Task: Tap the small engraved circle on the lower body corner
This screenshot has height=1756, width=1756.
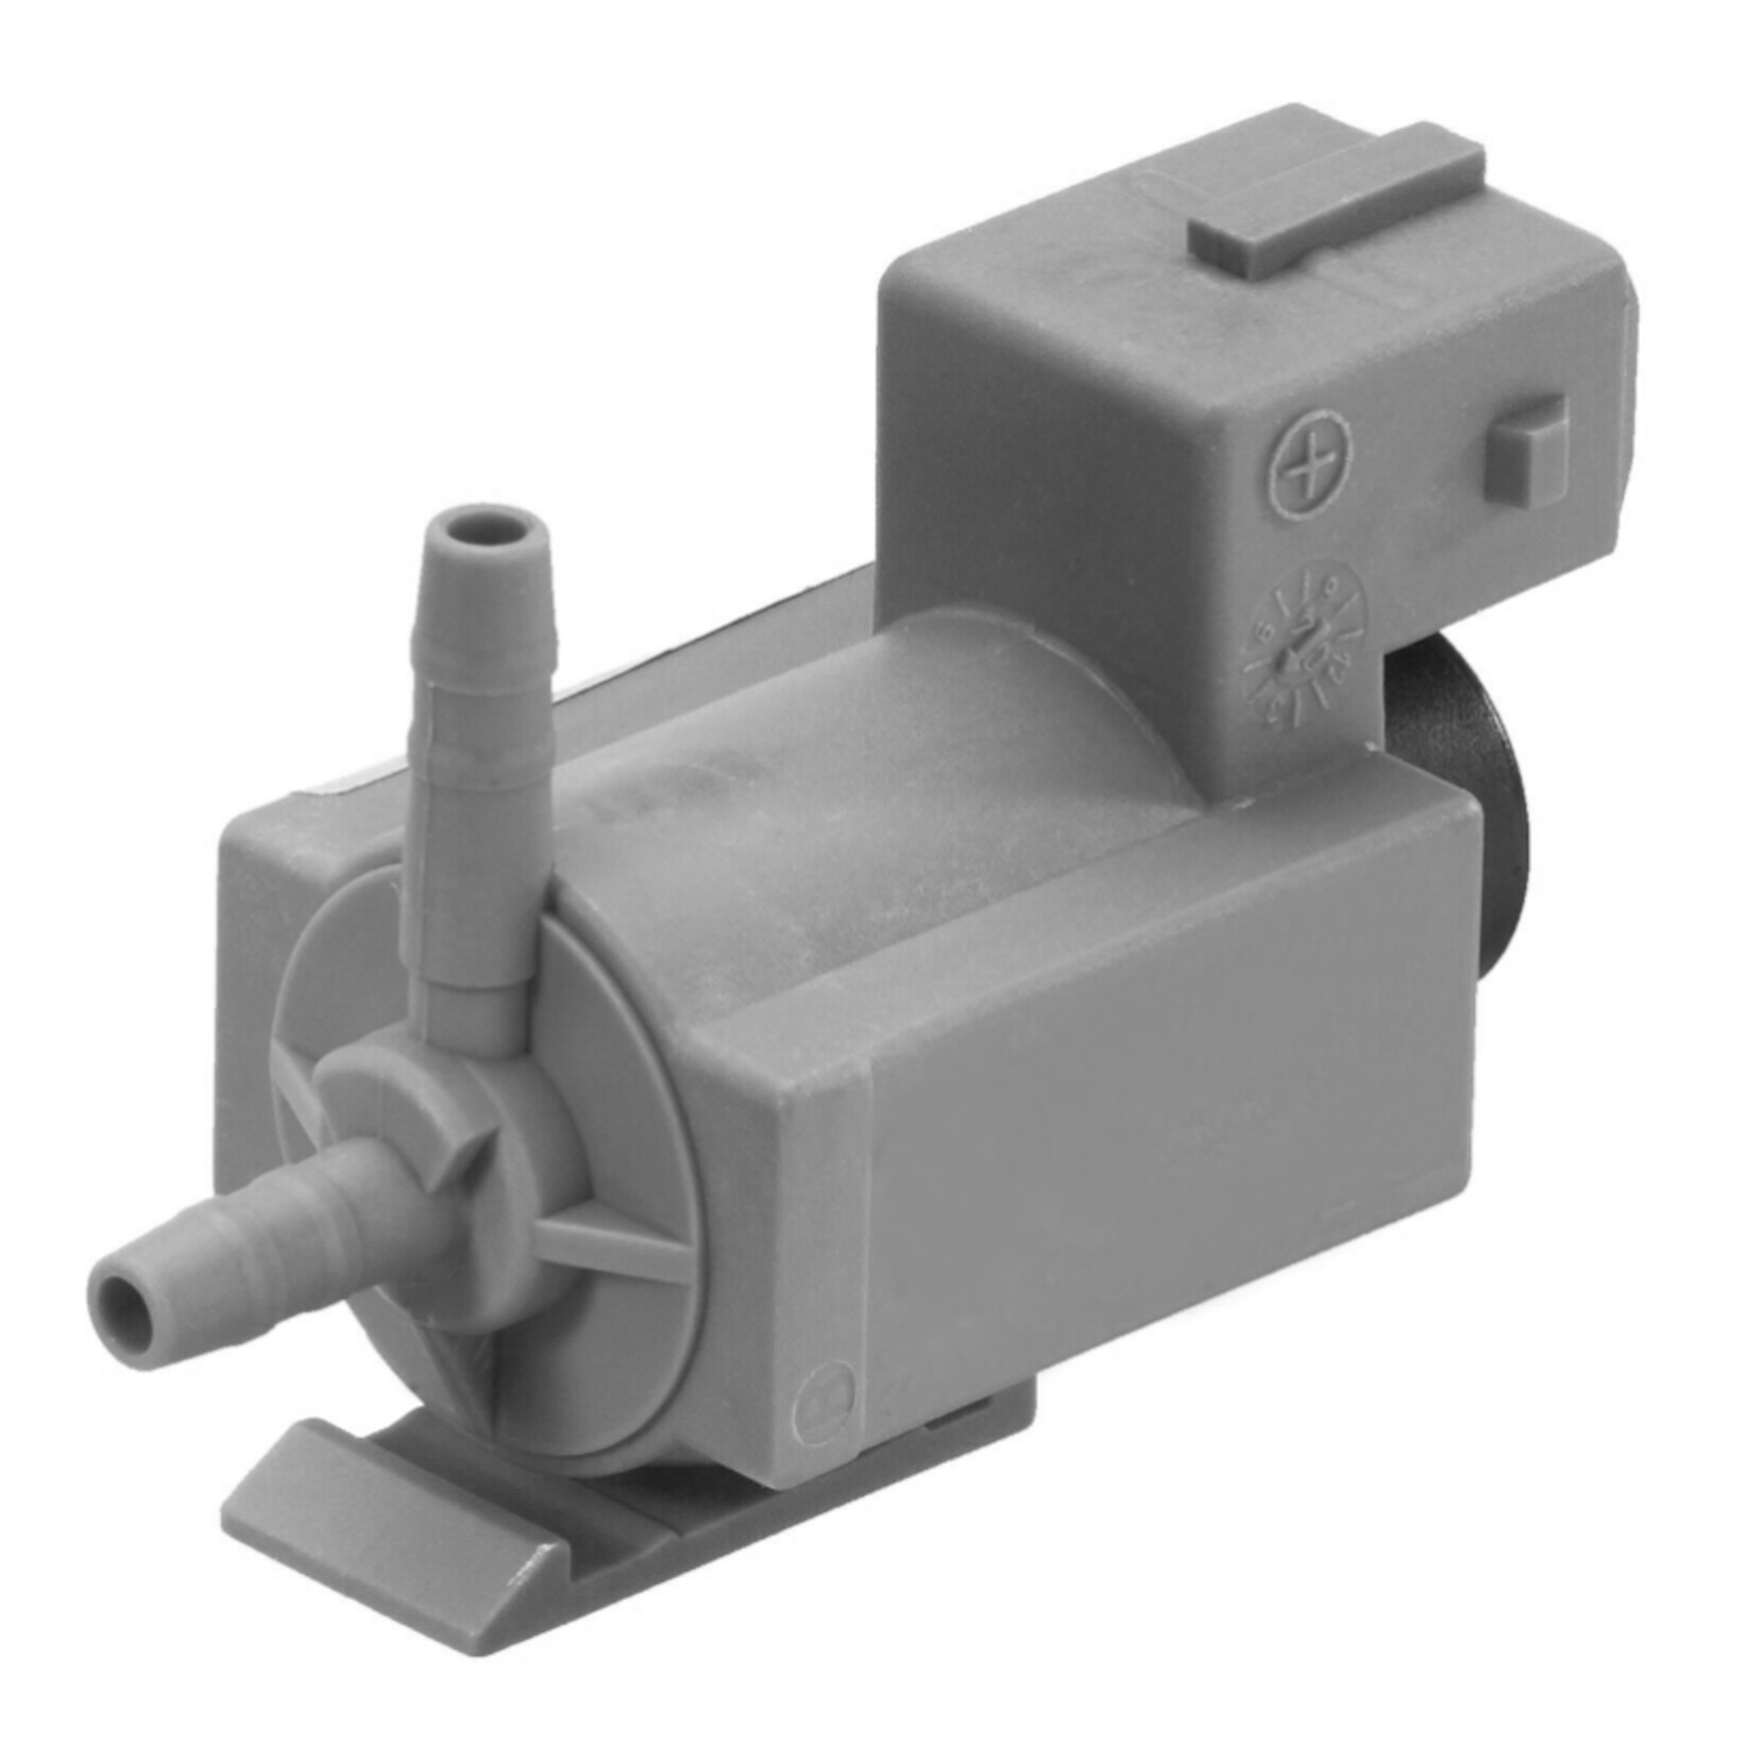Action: [824, 1410]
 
